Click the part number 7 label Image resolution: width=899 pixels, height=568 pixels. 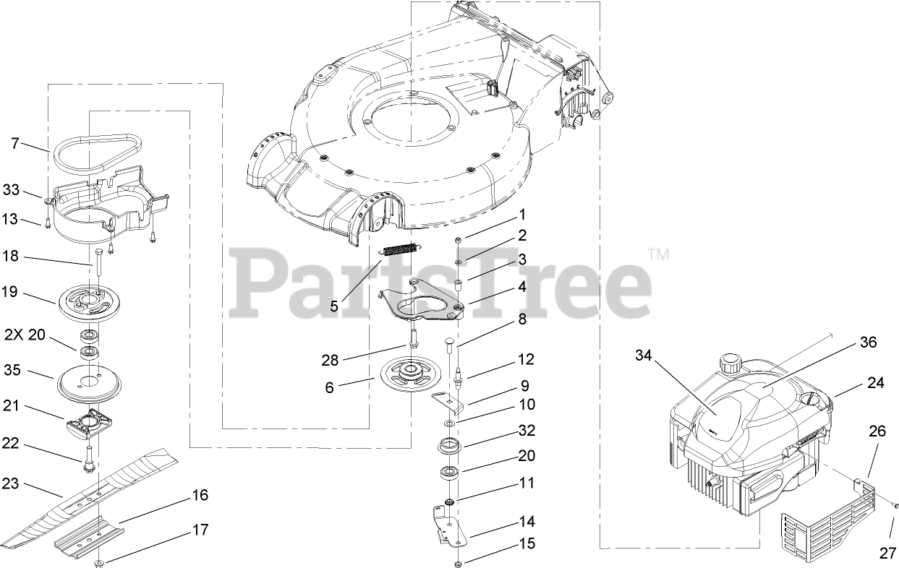(15, 143)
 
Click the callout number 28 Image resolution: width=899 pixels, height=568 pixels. (330, 360)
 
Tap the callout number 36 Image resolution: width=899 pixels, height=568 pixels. (868, 342)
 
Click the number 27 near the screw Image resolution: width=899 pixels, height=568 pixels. (887, 553)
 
